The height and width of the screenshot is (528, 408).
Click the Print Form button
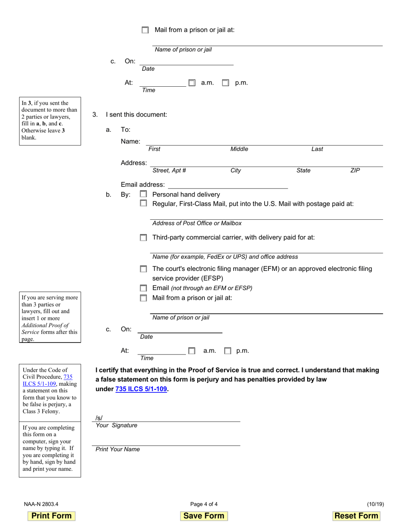pos(52,516)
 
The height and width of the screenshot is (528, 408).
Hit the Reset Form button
pos(356,516)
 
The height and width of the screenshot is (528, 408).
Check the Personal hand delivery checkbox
pos(143,194)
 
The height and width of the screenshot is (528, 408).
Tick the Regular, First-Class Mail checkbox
pos(143,203)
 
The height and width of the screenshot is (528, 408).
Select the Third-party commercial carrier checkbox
pos(143,237)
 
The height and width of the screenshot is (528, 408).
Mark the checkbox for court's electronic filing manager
pos(143,269)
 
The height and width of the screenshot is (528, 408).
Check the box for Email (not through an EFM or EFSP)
pos(143,288)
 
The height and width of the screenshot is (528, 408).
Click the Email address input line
pos(228,185)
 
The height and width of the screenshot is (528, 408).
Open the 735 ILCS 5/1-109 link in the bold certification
pos(141,389)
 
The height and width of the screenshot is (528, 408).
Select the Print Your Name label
pos(118,449)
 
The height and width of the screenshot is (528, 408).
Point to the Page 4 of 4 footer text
pos(204,504)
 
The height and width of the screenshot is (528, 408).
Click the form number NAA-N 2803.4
pos(41,504)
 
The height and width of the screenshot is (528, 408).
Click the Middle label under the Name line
pos(239,149)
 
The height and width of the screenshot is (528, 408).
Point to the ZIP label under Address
pos(355,170)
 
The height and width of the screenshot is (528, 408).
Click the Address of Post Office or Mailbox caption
pos(197,223)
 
